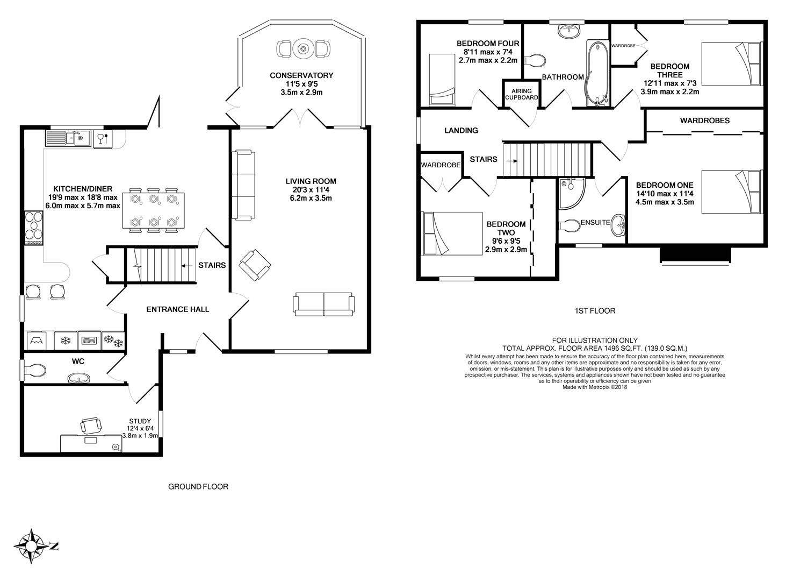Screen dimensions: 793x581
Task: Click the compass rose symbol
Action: (32, 546)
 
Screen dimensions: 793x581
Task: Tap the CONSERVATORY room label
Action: (301, 75)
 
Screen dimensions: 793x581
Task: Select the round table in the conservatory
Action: (303, 48)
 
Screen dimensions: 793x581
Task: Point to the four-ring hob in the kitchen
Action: (34, 228)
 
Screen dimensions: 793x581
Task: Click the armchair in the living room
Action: (255, 265)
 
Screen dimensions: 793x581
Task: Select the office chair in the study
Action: (91, 425)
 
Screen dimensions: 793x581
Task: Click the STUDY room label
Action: (140, 421)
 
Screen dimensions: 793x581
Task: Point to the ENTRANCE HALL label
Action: (178, 309)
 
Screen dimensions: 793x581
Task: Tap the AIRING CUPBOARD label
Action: (522, 94)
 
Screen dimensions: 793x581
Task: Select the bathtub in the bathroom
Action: (597, 73)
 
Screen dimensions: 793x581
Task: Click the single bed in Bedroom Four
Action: (442, 80)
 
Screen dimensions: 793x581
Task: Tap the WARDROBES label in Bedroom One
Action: (704, 121)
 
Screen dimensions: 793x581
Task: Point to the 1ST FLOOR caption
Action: (595, 311)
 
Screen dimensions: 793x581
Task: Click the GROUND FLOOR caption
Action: (198, 487)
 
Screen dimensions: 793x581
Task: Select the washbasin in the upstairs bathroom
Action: (569, 31)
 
